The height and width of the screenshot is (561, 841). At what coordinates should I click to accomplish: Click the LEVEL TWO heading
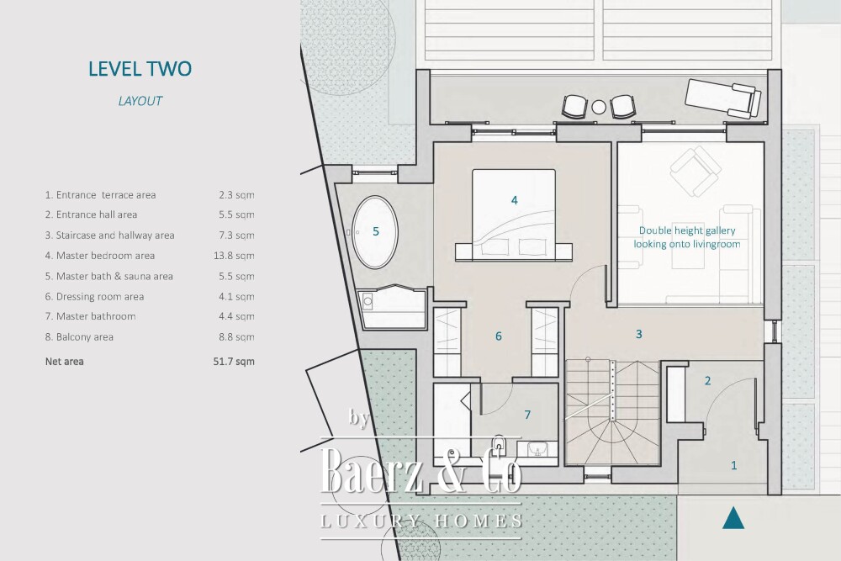(140, 69)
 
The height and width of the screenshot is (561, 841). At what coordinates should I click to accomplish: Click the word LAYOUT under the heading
(140, 101)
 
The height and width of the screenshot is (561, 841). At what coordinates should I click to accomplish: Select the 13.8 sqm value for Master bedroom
(234, 256)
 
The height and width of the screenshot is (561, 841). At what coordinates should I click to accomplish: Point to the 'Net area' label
(65, 362)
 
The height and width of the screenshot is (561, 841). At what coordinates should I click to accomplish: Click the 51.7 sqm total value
(234, 362)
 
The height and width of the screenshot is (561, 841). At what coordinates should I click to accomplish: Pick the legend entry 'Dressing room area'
(94, 297)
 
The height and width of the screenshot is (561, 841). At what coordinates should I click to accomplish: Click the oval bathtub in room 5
(375, 232)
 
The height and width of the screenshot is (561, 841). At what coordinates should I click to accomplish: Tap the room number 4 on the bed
(515, 200)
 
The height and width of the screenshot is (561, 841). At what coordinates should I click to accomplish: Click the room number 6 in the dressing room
(498, 336)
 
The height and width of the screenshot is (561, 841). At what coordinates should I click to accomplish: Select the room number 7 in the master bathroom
(527, 415)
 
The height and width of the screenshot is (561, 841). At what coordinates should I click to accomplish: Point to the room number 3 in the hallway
(639, 334)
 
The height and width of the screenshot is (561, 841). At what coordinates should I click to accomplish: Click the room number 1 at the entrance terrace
(733, 465)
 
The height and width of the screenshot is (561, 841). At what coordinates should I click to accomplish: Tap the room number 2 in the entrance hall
(707, 381)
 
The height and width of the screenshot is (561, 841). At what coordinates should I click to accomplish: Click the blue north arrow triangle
(733, 518)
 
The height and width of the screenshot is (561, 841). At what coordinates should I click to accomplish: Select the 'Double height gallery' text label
(687, 230)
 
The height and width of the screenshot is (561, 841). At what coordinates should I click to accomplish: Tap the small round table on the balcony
(599, 108)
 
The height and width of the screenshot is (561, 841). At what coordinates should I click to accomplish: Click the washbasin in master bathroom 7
(537, 448)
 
